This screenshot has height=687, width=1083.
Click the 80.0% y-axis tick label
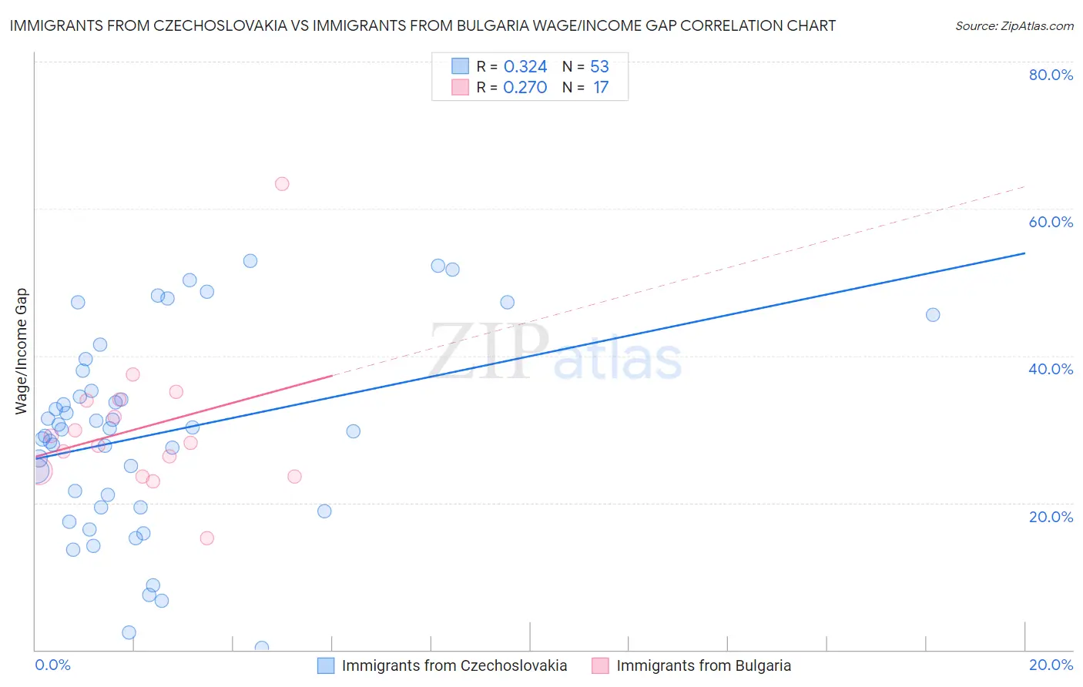[x=1051, y=75]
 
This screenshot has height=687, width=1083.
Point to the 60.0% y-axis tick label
[x=1051, y=222]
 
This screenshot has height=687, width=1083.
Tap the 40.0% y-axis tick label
[x=1051, y=369]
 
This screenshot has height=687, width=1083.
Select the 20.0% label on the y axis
[x=1051, y=517]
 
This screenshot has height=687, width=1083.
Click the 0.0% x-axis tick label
[x=52, y=665]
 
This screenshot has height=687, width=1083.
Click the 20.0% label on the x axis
[x=1051, y=665]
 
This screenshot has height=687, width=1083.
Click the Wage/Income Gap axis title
[x=22, y=351]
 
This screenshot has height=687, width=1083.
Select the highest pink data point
[x=282, y=184]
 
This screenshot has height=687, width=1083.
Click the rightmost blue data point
[x=933, y=314]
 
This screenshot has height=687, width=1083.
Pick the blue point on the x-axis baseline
[x=262, y=648]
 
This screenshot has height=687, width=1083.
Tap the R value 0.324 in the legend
[x=525, y=66]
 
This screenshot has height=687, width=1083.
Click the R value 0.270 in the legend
[x=525, y=87]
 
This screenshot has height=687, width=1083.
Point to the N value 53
[x=599, y=66]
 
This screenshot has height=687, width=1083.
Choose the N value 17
[x=601, y=87]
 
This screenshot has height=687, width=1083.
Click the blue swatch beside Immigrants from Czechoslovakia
[x=326, y=665]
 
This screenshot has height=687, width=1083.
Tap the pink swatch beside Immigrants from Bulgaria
[x=600, y=665]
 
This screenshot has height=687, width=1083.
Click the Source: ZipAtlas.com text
[x=1014, y=26]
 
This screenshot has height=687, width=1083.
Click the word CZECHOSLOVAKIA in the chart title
[x=218, y=25]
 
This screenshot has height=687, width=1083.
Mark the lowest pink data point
[x=206, y=538]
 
